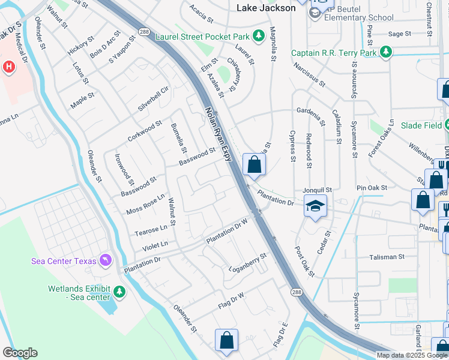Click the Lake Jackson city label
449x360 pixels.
click(266, 8)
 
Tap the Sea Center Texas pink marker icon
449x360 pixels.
click(106, 260)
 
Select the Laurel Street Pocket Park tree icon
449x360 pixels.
click(259, 36)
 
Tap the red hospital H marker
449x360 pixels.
click(8, 67)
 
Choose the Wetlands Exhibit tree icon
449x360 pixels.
click(119, 292)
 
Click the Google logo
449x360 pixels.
click(20, 353)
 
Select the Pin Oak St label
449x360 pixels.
click(372, 188)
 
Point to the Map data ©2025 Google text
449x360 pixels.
click(412, 355)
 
